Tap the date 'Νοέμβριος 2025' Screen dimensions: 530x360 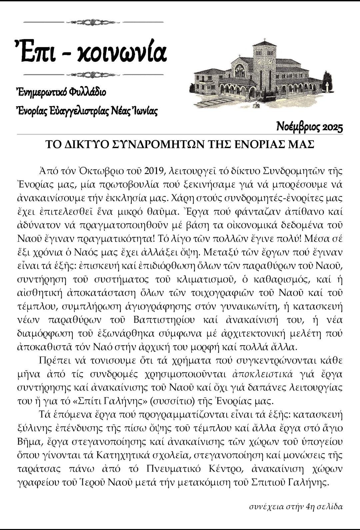[x=309, y=127]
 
